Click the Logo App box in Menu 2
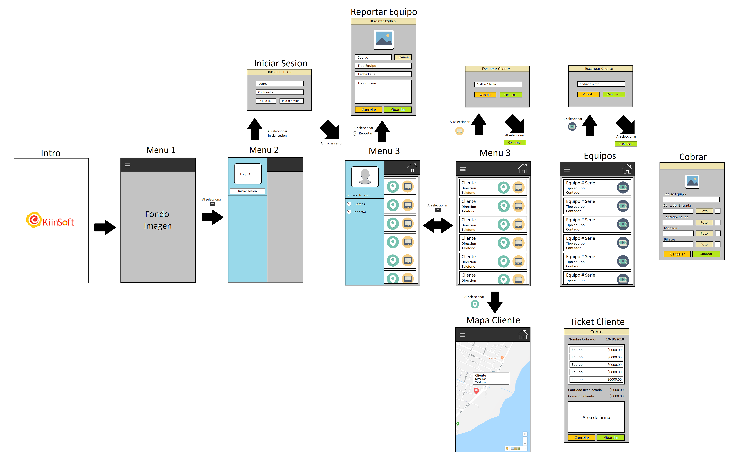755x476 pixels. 248,174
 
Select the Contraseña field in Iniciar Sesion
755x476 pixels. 280,92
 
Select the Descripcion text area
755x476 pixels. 383,92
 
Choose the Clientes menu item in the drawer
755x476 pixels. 358,204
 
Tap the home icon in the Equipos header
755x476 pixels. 627,169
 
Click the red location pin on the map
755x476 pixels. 476,390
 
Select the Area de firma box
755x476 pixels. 596,417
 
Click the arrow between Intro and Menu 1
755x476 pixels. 105,227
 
